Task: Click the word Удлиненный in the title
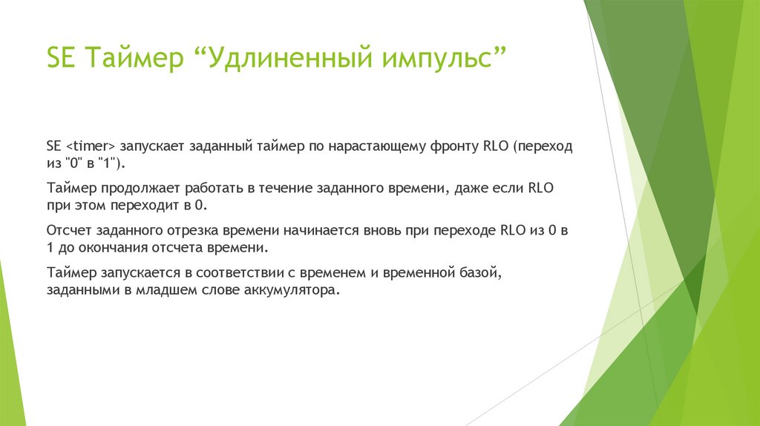click(x=290, y=58)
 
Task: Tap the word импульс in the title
click(x=436, y=58)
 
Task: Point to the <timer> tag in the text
click(x=90, y=146)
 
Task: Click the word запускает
click(x=152, y=146)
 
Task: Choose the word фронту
click(x=455, y=146)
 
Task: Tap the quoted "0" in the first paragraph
click(x=73, y=163)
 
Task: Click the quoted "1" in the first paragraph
click(x=107, y=163)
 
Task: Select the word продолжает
click(x=140, y=189)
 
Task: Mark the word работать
click(x=214, y=188)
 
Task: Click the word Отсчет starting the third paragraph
click(x=69, y=230)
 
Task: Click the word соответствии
click(x=240, y=273)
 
